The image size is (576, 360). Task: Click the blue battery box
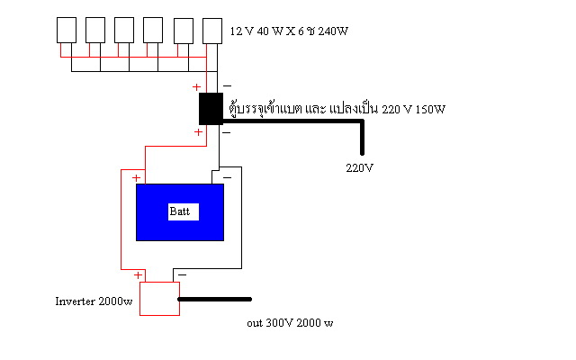point(180,212)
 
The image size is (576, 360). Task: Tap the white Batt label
point(184,212)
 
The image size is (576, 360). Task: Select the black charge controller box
point(211,109)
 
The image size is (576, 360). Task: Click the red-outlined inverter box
point(159,298)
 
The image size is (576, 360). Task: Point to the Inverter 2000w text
point(94,301)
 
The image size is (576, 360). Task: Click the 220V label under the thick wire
point(360,168)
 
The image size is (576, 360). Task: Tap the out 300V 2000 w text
point(290,323)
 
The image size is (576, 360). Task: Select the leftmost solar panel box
point(67,30)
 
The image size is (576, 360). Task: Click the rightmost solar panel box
point(212,31)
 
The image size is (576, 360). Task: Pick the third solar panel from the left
point(124,30)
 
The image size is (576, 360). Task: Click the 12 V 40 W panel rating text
point(289,31)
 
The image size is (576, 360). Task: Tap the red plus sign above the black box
point(196,87)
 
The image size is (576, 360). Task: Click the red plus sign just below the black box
point(198,132)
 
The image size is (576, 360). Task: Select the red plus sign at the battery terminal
point(136,178)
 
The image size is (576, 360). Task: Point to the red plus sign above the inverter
point(138,275)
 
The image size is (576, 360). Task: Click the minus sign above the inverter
point(182,274)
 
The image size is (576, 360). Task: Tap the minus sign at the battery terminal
point(228,178)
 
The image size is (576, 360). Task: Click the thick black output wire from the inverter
point(214,300)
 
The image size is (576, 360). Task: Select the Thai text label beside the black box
point(337,109)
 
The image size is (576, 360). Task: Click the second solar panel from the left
point(95,30)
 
